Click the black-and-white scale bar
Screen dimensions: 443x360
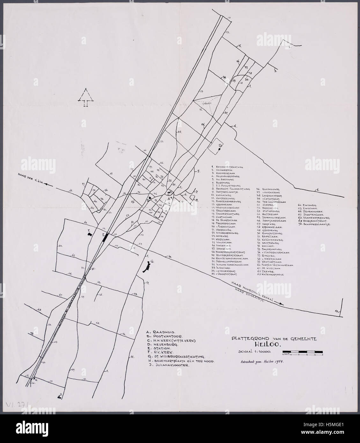[x=302, y=352]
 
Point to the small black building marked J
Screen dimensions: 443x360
[x=59, y=396]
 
